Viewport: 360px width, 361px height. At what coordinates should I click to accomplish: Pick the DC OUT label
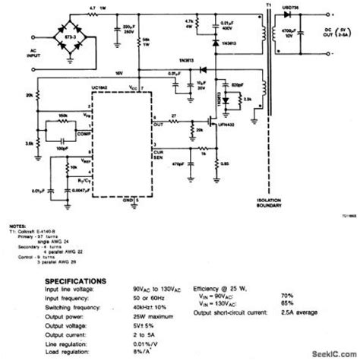coord(334,36)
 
